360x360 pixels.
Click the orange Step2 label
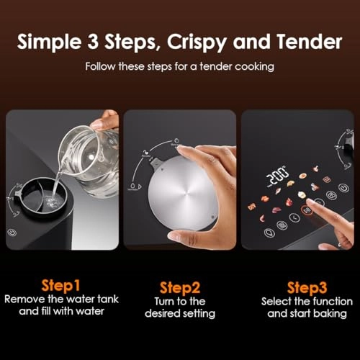pos(180,286)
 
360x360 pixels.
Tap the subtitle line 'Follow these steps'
pos(180,66)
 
